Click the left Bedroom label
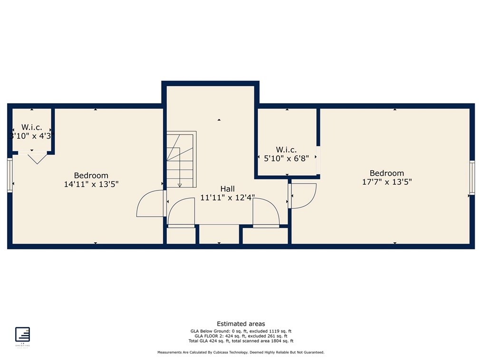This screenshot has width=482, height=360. pos(91,175)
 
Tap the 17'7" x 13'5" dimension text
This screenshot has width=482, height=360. pos(386,181)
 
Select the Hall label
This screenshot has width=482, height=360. pos(227,189)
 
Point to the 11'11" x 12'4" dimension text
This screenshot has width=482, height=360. pos(227,198)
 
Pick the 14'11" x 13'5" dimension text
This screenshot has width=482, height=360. pos(91,184)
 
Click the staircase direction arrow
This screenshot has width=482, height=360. pos(180,185)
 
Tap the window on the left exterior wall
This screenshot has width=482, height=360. pos(10,175)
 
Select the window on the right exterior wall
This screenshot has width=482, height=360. pos(472,178)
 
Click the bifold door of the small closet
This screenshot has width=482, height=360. pos(36,158)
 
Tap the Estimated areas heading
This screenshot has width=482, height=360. pos(241,324)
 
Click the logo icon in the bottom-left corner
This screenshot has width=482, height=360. pos(22,334)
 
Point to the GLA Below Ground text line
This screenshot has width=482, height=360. pos(241,331)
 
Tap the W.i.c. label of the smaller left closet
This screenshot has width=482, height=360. pos(32,127)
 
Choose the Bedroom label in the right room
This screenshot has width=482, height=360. pos(386,173)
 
